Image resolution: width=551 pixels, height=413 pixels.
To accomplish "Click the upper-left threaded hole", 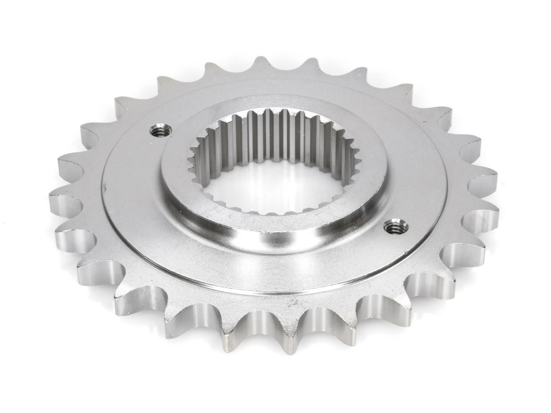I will coord(160,131).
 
